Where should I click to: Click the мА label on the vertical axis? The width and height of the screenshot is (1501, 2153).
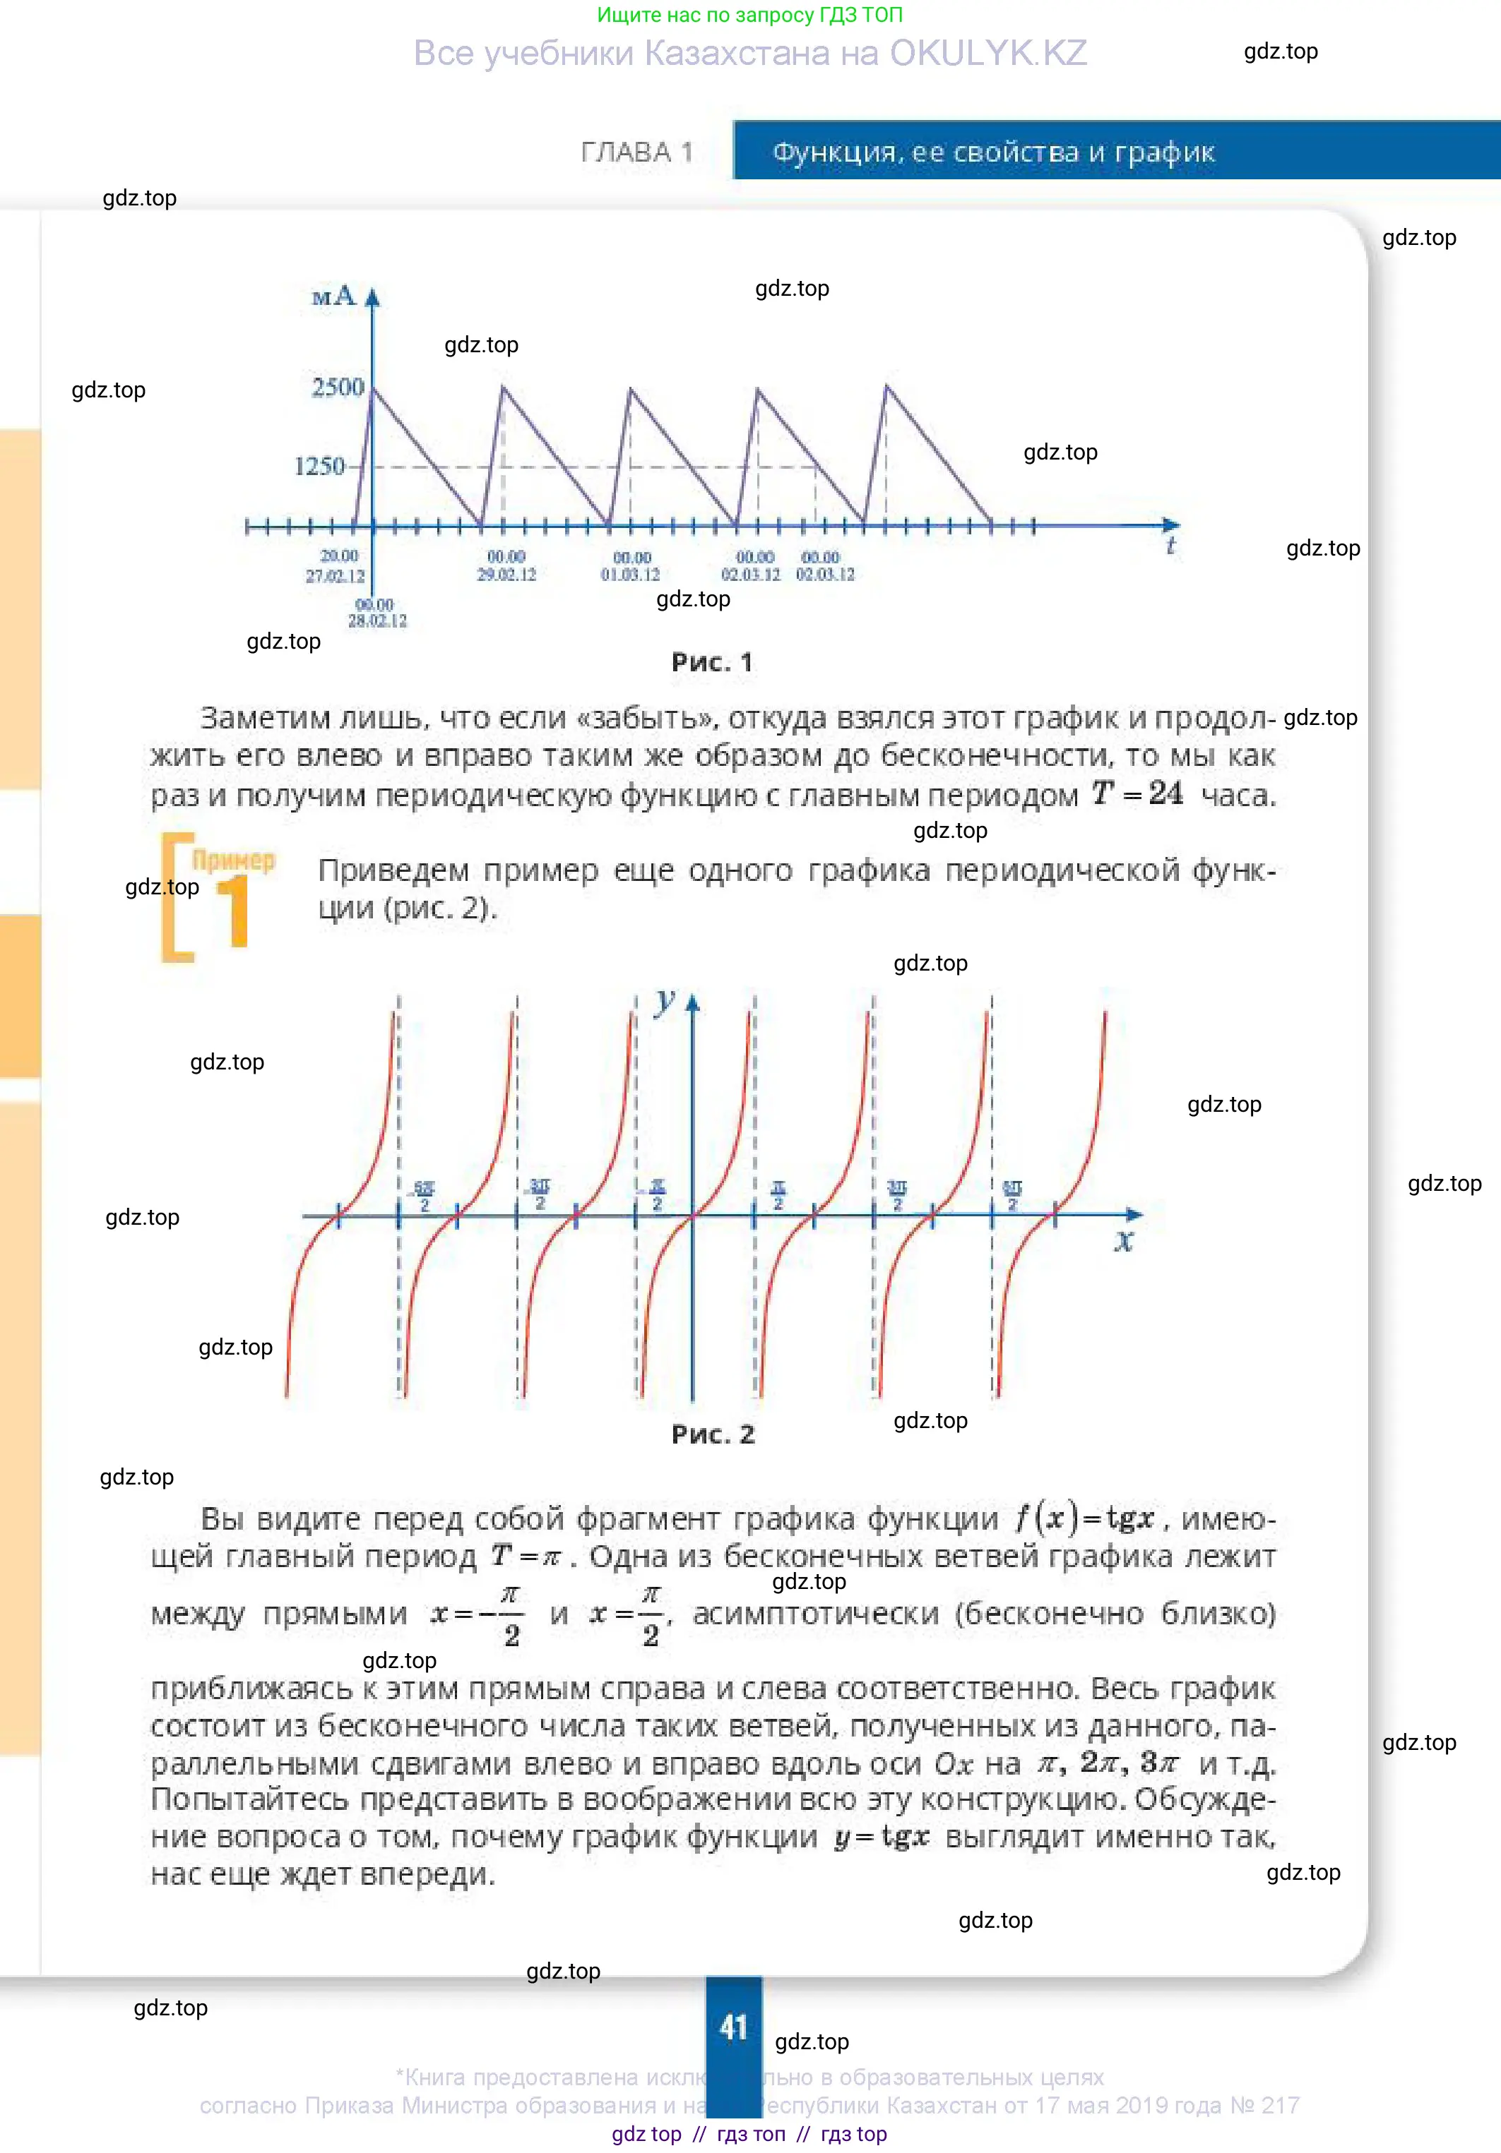click(x=333, y=297)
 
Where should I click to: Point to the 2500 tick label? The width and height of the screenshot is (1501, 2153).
click(x=338, y=388)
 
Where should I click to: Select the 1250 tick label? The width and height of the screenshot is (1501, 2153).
click(x=320, y=466)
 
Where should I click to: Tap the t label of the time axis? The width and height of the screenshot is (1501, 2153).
click(x=1171, y=546)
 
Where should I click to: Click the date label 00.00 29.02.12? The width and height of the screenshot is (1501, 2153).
click(x=506, y=565)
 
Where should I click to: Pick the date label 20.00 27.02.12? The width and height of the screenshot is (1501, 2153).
click(x=336, y=565)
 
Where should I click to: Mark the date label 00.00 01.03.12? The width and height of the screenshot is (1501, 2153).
click(x=631, y=566)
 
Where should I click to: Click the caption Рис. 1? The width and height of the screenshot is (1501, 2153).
click(x=712, y=663)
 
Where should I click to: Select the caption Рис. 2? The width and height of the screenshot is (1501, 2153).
click(x=713, y=1434)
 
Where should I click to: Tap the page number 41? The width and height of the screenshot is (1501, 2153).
click(x=734, y=2027)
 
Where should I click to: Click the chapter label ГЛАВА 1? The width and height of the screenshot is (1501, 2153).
click(x=637, y=152)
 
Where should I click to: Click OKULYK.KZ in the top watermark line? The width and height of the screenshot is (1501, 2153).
click(x=988, y=54)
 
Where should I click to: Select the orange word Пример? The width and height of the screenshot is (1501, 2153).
click(x=234, y=860)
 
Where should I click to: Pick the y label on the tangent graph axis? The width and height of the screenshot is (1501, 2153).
click(x=665, y=1002)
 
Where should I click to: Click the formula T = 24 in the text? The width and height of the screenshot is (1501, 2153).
click(x=1137, y=793)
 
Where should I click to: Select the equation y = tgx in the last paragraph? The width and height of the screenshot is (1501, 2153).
click(x=882, y=1836)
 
